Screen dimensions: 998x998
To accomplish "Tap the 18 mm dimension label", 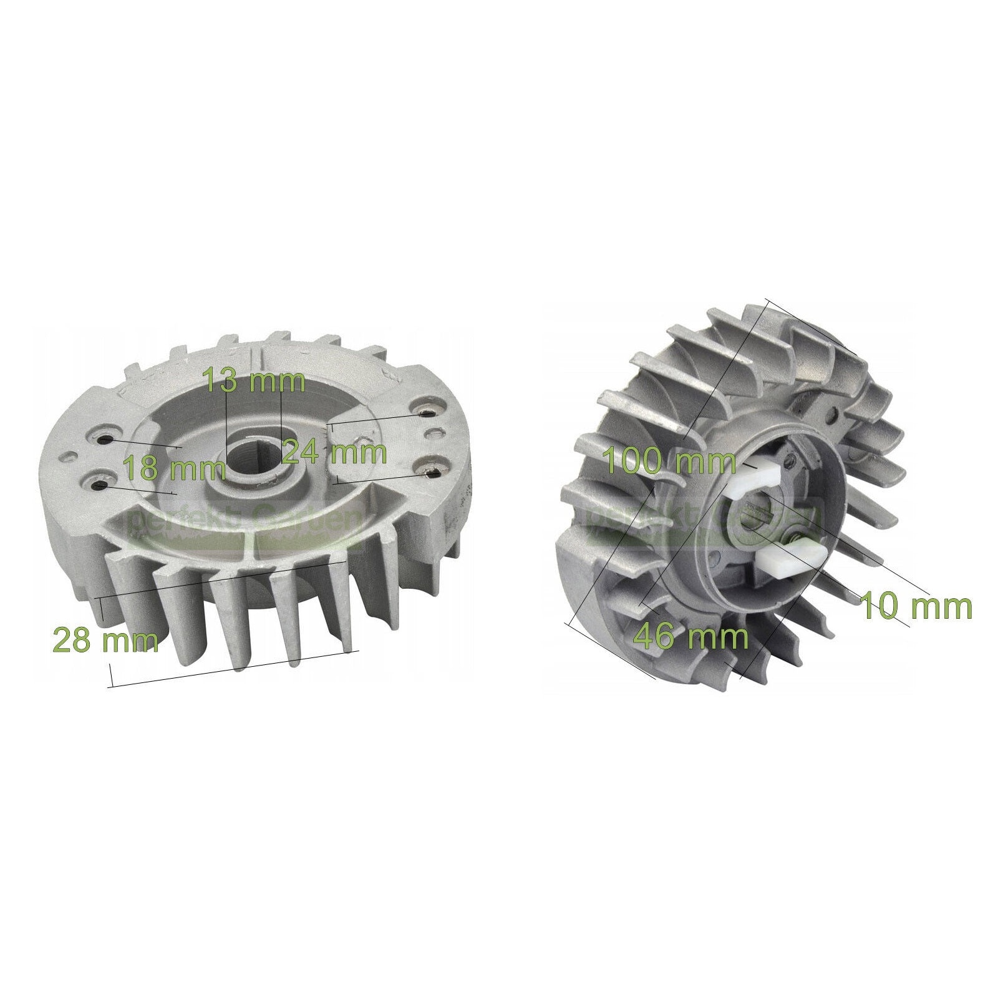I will tap(173, 468).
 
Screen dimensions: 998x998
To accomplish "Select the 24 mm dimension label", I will tap(334, 452).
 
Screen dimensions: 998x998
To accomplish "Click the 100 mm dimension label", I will tap(670, 462).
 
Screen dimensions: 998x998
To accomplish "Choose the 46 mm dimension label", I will tap(690, 637).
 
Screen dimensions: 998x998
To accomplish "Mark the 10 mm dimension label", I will tap(916, 606).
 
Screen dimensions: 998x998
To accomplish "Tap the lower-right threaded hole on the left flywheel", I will tap(429, 472).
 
